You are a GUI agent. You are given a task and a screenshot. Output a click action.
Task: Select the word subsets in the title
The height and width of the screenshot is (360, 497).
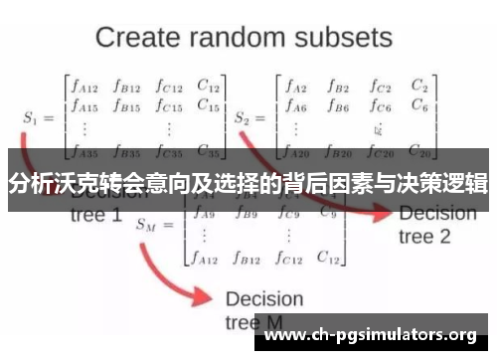(344, 39)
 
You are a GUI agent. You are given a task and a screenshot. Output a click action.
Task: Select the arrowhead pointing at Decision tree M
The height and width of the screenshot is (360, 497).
(208, 296)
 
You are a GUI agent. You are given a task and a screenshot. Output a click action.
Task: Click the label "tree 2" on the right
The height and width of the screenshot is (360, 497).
(424, 237)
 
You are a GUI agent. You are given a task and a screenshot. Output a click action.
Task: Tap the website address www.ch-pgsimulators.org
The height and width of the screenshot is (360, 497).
(373, 334)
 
